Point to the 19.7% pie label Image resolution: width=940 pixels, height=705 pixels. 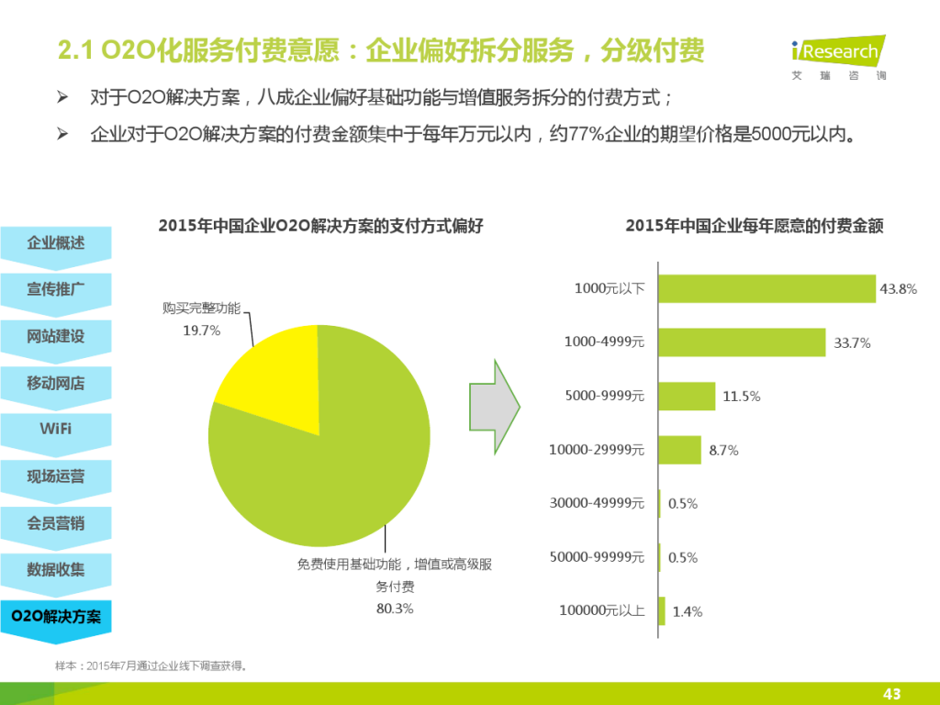click(202, 330)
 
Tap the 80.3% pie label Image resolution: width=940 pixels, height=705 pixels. click(395, 609)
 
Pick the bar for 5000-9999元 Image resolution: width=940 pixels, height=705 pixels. click(687, 397)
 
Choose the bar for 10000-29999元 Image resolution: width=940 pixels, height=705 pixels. click(679, 450)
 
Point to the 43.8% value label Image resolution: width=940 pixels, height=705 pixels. click(898, 289)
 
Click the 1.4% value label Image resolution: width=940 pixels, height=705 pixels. click(687, 611)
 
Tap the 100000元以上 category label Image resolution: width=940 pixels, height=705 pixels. click(602, 610)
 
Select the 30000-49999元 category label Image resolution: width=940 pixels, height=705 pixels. click(597, 503)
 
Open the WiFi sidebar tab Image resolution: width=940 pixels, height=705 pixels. click(56, 430)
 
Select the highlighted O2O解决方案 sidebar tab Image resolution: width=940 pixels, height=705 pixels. click(56, 617)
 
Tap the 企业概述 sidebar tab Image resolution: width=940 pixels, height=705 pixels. click(56, 243)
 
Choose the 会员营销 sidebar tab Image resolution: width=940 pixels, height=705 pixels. click(56, 523)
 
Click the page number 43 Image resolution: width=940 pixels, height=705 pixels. click(890, 693)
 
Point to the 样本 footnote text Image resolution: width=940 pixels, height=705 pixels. click(151, 666)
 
